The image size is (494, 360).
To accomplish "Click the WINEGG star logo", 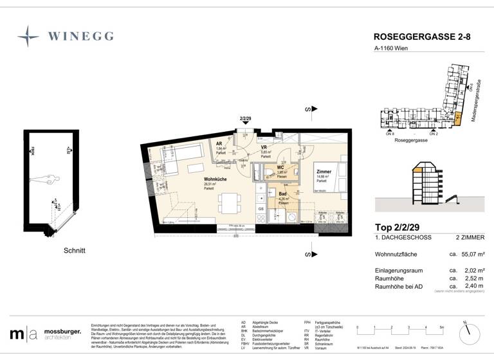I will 28,36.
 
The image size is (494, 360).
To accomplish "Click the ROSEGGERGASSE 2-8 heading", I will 422,38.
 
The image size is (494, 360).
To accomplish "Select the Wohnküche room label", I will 215,179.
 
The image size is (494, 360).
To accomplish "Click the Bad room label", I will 282,194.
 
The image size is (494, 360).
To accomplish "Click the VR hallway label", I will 264,147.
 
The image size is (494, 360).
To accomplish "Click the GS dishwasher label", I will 261,208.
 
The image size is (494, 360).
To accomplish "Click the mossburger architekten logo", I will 46,333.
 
